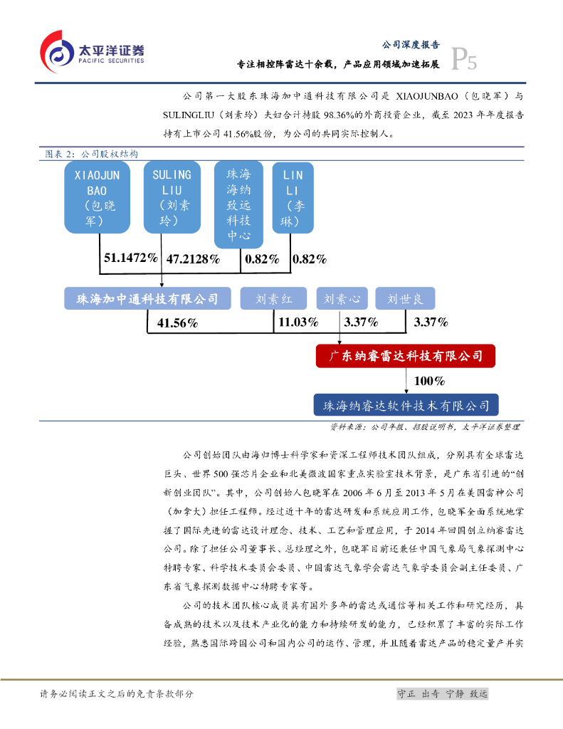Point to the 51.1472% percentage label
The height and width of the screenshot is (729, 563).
coord(130,258)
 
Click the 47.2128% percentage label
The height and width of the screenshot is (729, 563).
coord(192,259)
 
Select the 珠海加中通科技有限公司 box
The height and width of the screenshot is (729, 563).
coord(147,298)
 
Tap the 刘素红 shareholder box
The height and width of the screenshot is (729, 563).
coord(273,299)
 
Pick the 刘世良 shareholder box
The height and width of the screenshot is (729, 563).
coord(405,299)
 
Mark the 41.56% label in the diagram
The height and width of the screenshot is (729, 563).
coord(177,323)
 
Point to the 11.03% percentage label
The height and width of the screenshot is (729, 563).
coord(298,322)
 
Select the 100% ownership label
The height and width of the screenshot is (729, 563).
coord(429,381)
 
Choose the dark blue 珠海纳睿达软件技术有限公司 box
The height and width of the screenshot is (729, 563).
coord(406,405)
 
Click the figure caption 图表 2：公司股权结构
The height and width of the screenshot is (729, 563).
coord(86,154)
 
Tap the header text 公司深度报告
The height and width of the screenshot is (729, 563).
coord(410,44)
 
